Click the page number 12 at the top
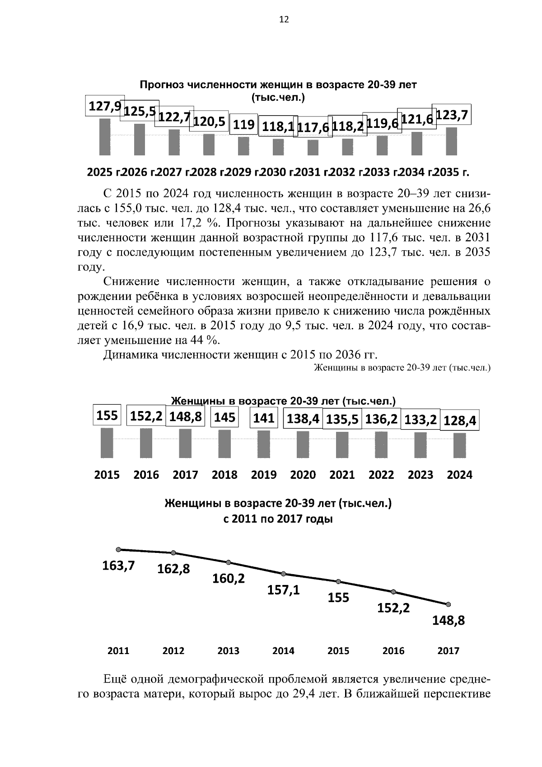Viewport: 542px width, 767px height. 284,19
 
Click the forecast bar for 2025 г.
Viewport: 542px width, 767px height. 105,136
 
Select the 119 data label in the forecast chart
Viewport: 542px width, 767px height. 244,124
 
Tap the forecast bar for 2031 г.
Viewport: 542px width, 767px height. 313,147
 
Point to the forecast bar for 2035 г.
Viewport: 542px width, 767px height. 452,141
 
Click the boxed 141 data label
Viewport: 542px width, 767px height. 264,418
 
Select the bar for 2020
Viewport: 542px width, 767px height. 303,444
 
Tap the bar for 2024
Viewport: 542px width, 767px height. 460,445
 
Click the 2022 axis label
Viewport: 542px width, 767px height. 381,475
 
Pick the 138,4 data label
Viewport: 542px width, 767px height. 303,419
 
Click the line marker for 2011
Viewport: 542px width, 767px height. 118,549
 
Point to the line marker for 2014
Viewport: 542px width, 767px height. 284,574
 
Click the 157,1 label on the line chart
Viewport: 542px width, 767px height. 284,589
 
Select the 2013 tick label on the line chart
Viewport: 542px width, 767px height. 229,651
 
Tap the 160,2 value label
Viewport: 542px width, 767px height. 229,578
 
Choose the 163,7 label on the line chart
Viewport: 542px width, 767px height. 118,565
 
